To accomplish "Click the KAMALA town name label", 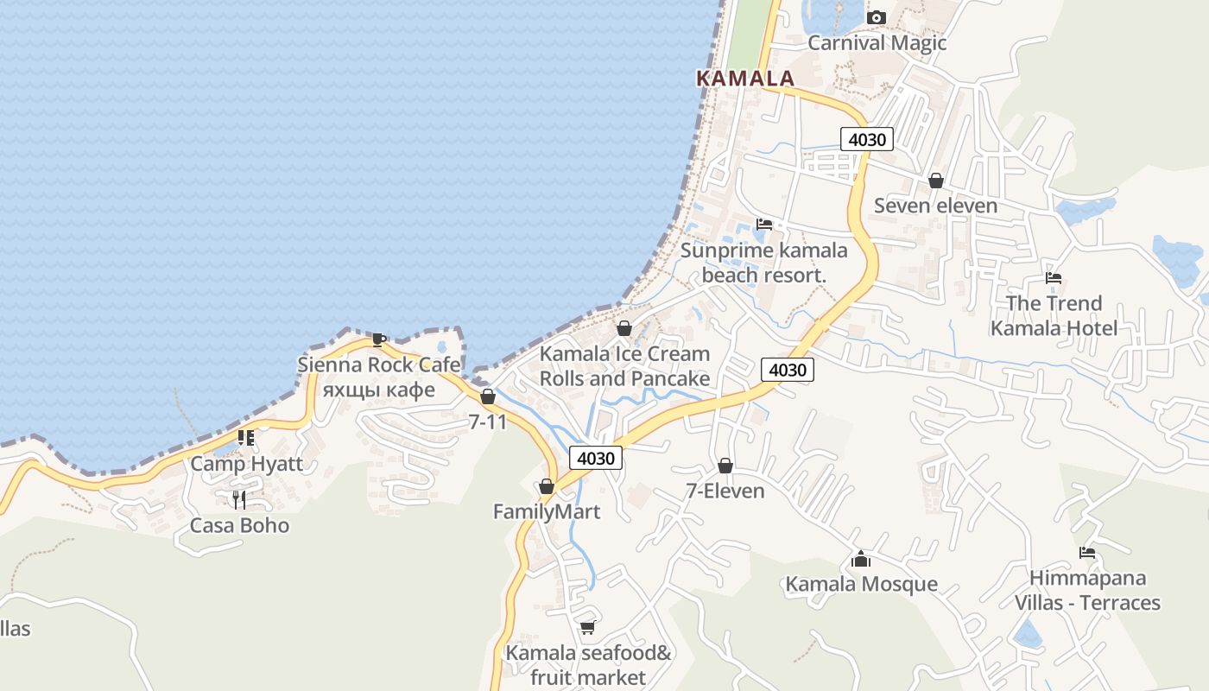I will pyautogui.click(x=744, y=78).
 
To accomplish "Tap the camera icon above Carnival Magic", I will pyautogui.click(x=877, y=17).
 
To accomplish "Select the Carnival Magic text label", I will pyautogui.click(x=877, y=42).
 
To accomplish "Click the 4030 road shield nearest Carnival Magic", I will pyautogui.click(x=866, y=139).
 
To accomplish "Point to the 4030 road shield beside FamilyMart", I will pyautogui.click(x=596, y=458).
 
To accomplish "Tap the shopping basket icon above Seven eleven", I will pyautogui.click(x=935, y=181).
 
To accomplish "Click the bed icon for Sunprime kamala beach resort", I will pyautogui.click(x=764, y=225).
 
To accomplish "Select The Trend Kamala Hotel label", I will pyautogui.click(x=1054, y=315).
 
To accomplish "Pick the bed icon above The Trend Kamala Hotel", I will pyautogui.click(x=1054, y=278).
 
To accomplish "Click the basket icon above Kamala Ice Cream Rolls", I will pyautogui.click(x=624, y=328).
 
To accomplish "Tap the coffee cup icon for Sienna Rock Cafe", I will pyautogui.click(x=378, y=339).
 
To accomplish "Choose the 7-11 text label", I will pyautogui.click(x=487, y=422).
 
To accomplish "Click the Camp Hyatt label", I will pyautogui.click(x=247, y=464).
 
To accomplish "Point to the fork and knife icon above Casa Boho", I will pyautogui.click(x=239, y=499).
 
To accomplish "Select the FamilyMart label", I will pyautogui.click(x=546, y=511).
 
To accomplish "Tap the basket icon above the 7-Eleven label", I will pyautogui.click(x=725, y=466).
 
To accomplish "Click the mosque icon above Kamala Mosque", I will pyautogui.click(x=860, y=559).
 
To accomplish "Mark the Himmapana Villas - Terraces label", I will pyautogui.click(x=1087, y=590).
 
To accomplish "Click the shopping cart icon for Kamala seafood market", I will pyautogui.click(x=588, y=627).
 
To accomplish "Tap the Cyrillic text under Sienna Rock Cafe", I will pyautogui.click(x=378, y=390).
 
